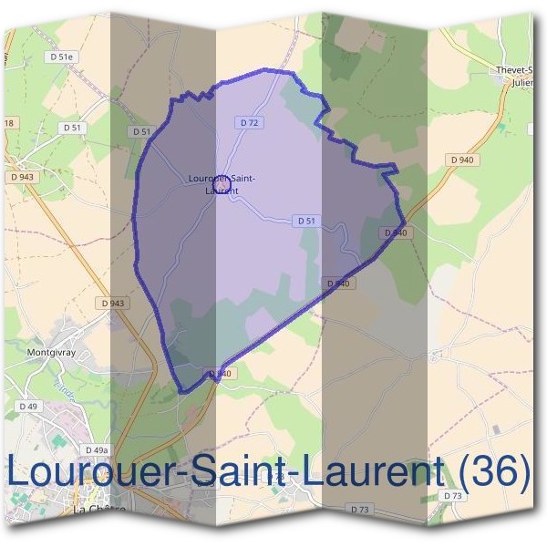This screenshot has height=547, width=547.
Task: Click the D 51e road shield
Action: pos(62,57)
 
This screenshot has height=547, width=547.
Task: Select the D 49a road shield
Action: pos(96,450)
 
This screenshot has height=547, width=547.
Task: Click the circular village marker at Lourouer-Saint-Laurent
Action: pos(224,186)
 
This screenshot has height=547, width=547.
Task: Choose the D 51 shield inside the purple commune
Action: pos(306,221)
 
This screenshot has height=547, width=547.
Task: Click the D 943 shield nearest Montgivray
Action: pos(113,303)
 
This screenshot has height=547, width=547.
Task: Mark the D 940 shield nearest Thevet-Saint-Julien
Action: pos(461,160)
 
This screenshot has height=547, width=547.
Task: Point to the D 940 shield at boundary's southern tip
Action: pos(220,374)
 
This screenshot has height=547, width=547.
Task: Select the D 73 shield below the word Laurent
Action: pos(361,509)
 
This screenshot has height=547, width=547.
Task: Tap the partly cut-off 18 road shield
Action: pos(8,123)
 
